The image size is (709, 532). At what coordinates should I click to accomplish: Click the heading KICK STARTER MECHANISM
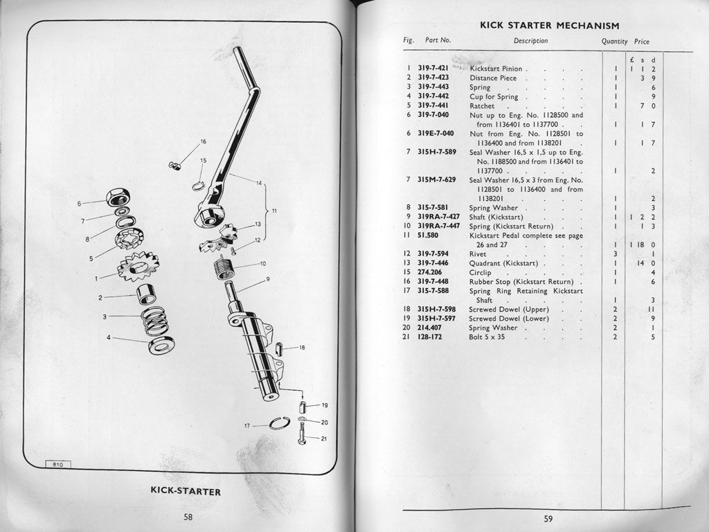click(549, 26)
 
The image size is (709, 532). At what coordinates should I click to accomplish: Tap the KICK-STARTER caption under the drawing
click(186, 492)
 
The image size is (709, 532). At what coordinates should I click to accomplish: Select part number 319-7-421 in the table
click(433, 69)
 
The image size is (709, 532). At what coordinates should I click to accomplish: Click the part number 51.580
click(429, 236)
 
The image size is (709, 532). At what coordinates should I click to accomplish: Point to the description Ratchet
click(482, 106)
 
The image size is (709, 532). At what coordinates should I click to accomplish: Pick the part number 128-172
click(431, 337)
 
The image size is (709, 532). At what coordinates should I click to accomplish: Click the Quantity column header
click(614, 41)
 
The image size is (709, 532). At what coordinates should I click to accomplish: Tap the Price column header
click(642, 41)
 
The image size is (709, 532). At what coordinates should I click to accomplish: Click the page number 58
click(188, 516)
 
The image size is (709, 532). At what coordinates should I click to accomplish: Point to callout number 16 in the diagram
click(203, 141)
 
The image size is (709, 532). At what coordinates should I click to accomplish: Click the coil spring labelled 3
click(154, 321)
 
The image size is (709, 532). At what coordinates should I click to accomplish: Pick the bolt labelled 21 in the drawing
click(303, 436)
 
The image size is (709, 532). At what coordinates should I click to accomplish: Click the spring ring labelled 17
click(280, 423)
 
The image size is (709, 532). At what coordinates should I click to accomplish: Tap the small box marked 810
click(58, 465)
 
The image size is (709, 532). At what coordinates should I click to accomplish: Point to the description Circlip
click(481, 273)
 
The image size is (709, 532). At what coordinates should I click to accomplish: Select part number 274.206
click(431, 273)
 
